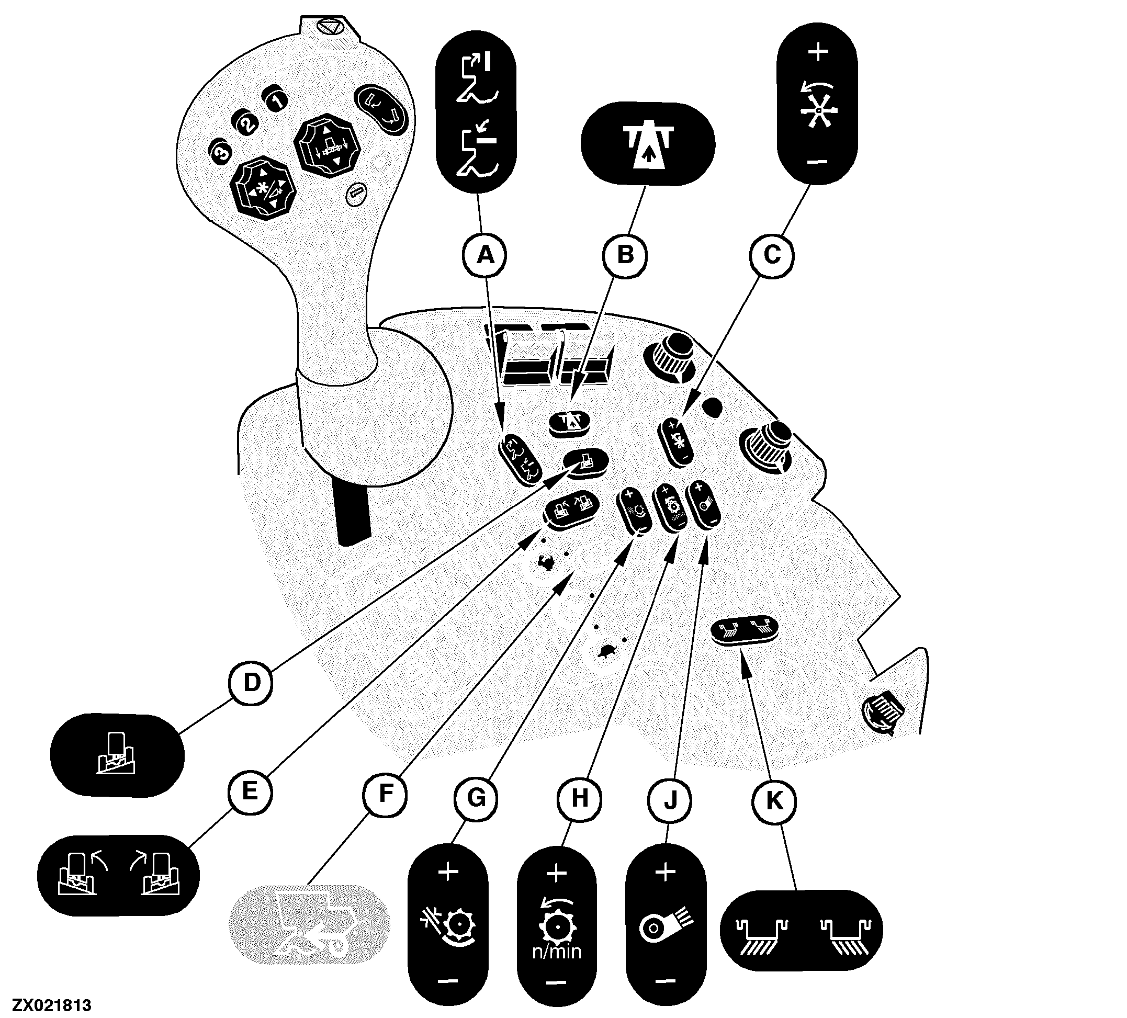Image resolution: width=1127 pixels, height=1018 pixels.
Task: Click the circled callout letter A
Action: (x=485, y=255)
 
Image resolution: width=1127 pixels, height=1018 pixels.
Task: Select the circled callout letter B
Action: (x=625, y=255)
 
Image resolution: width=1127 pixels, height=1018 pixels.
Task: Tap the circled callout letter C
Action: (x=771, y=255)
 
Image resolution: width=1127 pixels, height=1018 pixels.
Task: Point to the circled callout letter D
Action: (x=252, y=683)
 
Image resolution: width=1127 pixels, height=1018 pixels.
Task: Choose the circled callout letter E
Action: (x=250, y=791)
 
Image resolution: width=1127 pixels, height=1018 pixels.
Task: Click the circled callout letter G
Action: (x=476, y=798)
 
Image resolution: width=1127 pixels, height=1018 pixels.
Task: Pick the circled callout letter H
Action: (x=579, y=799)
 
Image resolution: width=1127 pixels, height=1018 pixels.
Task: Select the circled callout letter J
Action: (x=670, y=800)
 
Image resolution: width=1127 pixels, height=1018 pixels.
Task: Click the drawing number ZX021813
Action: (x=52, y=1005)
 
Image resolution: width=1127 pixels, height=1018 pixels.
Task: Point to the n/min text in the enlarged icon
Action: (x=557, y=952)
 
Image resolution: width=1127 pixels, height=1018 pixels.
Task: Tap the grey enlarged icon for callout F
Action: (x=310, y=925)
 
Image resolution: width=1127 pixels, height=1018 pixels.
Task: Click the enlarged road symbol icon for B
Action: (x=648, y=144)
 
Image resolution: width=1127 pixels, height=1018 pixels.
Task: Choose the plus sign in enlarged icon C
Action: (x=818, y=52)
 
